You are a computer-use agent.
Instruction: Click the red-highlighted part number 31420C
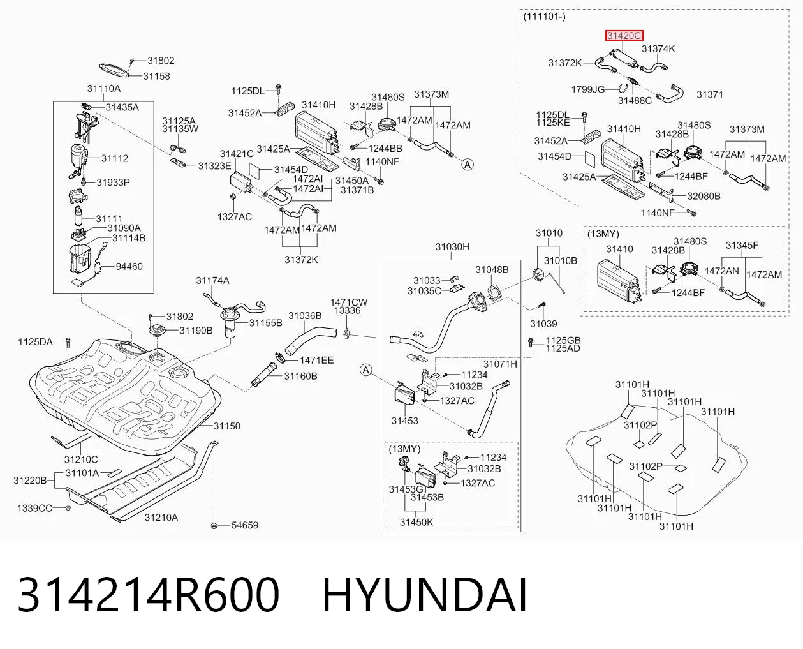(x=624, y=36)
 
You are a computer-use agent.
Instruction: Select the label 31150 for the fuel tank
(x=227, y=426)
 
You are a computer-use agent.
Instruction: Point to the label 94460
(x=129, y=267)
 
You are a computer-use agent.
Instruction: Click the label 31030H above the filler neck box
(x=452, y=247)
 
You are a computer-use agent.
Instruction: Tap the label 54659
(x=245, y=525)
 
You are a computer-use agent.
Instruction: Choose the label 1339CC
(x=34, y=509)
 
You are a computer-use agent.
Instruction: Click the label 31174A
(x=212, y=281)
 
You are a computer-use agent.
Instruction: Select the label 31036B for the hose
(x=305, y=316)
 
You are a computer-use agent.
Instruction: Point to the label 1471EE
(x=317, y=361)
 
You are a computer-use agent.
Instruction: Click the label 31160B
(x=301, y=376)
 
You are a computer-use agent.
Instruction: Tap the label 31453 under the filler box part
(x=405, y=421)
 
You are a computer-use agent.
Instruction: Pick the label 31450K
(x=416, y=522)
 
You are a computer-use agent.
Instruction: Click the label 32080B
(x=704, y=196)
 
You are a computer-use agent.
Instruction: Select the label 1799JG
(x=588, y=89)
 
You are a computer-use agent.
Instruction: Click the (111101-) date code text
(x=545, y=17)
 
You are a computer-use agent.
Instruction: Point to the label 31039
(x=543, y=324)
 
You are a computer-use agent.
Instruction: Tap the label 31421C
(x=237, y=154)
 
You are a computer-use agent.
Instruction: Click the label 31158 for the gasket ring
(x=156, y=76)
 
